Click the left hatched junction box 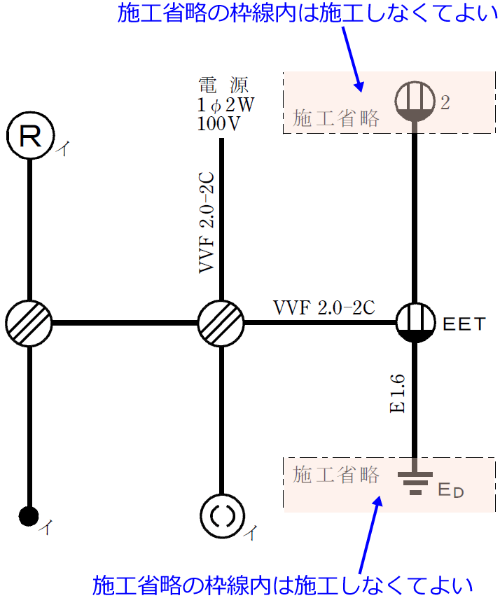click(29, 323)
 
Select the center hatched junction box click(221, 323)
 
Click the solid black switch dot click(28, 516)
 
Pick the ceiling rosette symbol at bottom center click(221, 516)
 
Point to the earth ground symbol click(415, 482)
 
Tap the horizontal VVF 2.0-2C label click(324, 307)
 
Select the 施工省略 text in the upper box click(336, 118)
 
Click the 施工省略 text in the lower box click(336, 475)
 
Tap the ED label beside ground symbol click(450, 489)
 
